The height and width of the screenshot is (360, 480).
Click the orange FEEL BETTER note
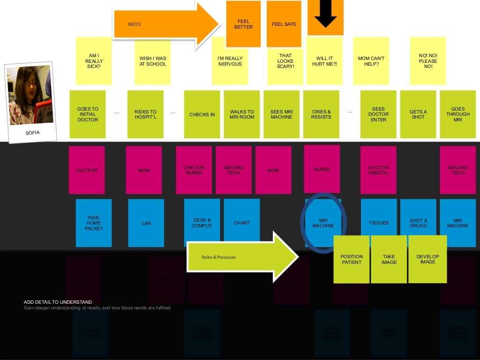243,24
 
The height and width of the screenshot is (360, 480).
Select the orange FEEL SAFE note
284,24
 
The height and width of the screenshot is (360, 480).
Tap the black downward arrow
325,14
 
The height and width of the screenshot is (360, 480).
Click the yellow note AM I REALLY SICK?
94,61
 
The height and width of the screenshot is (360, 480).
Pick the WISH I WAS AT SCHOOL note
152,61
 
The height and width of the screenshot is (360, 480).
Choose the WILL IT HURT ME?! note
324,61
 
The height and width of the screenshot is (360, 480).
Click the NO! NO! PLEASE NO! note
427,61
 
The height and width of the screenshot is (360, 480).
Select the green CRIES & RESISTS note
322,114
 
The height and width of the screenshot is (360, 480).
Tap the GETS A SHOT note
418,114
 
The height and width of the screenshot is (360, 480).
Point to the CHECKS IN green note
202,114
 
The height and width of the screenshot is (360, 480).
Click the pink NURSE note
322,169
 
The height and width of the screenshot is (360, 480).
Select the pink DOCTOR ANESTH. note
378,170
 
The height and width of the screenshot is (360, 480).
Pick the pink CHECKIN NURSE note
194,170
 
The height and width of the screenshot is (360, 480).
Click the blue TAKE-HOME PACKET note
94,223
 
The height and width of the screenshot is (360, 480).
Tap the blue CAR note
146,223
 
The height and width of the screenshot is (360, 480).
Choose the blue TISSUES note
379,223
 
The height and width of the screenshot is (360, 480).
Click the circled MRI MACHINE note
323,223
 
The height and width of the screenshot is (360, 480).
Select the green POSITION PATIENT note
352,259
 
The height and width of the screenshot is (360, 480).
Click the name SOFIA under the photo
32,133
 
